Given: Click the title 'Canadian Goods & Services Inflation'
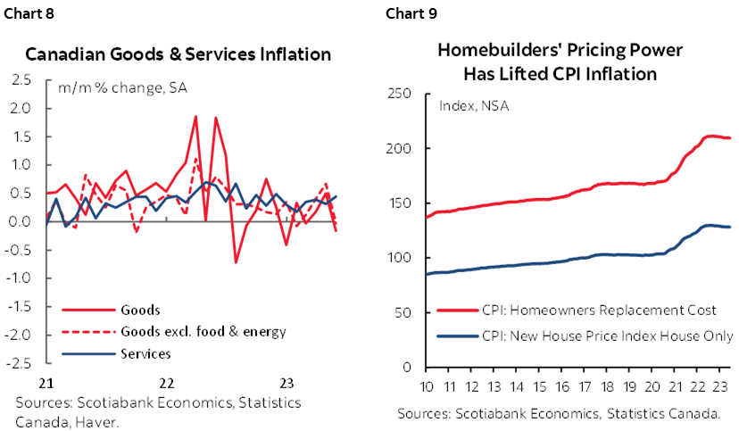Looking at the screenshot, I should click(x=179, y=54).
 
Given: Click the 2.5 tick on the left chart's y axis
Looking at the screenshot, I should click(x=21, y=80).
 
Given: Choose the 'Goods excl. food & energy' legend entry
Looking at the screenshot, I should click(x=203, y=332).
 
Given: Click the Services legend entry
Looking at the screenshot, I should click(x=145, y=353).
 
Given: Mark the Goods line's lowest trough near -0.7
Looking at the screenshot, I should click(x=236, y=261).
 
